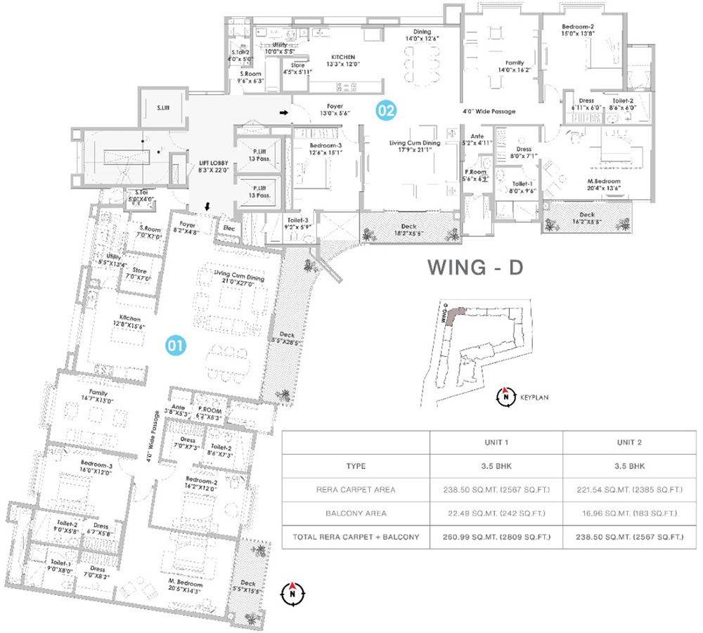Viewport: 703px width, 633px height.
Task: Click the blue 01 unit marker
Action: pos(175,345)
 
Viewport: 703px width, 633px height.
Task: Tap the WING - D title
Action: pos(475,269)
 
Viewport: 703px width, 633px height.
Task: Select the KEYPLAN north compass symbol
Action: pos(504,397)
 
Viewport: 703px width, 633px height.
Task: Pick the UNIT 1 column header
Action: pos(496,443)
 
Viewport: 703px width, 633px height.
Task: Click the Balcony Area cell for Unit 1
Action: pos(496,513)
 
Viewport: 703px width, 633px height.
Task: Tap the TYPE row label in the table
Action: pos(356,466)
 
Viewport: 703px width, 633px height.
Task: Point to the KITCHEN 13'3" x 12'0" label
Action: pos(343,60)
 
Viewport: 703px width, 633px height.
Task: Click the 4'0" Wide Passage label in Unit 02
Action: pos(489,111)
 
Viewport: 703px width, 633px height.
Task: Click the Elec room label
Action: pos(228,228)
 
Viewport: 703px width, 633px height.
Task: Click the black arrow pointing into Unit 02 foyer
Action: pos(283,111)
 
